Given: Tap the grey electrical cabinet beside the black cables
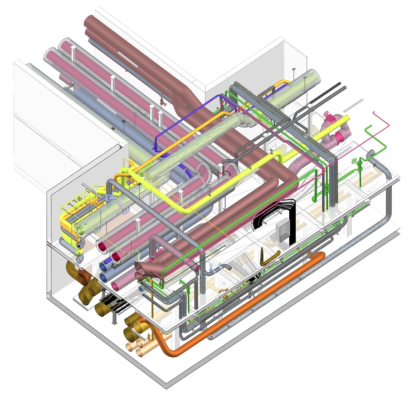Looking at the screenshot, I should tap(282, 231).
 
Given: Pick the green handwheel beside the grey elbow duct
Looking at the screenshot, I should tap(354, 161).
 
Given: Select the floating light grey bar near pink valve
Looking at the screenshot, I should tap(353, 106).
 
